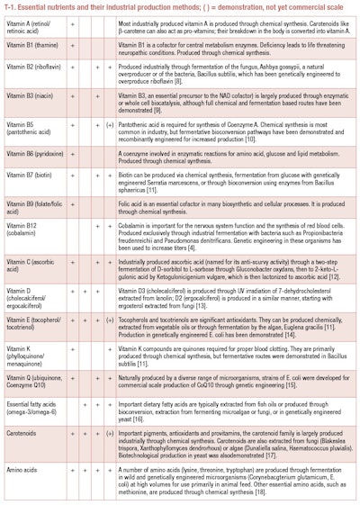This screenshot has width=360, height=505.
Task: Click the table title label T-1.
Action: click(x=13, y=7)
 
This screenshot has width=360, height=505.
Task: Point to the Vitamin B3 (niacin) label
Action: click(x=29, y=119)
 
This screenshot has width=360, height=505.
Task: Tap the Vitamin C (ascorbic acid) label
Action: click(x=32, y=285)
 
